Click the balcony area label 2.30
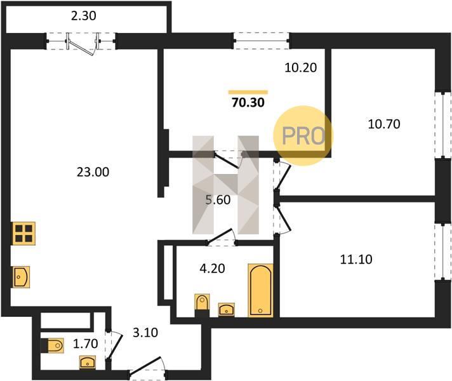(84, 16)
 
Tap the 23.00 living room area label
(93, 172)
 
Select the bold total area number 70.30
(248, 102)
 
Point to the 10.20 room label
(301, 67)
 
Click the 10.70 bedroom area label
(384, 124)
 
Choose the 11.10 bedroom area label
(356, 259)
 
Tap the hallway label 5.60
(218, 199)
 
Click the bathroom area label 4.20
(212, 269)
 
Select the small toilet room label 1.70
(85, 344)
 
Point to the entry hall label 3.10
(145, 333)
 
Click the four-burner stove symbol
(23, 234)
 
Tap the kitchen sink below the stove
(21, 277)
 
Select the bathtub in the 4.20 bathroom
(260, 290)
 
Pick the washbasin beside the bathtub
(226, 309)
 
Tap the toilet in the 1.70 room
(52, 345)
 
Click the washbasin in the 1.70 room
(88, 362)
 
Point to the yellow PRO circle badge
(303, 135)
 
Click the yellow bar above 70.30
(248, 92)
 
